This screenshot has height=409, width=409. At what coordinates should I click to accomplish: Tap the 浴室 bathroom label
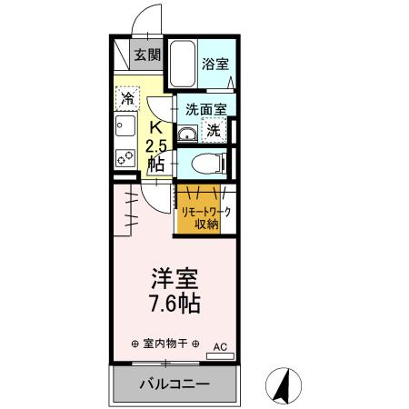point(214,65)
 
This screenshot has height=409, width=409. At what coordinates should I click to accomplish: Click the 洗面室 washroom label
point(205,108)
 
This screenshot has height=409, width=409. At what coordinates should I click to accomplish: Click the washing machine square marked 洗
point(213,130)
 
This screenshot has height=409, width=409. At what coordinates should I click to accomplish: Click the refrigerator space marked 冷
point(128,98)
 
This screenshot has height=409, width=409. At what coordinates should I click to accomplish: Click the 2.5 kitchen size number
point(155,145)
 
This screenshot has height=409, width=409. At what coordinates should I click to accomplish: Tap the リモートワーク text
point(204,213)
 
